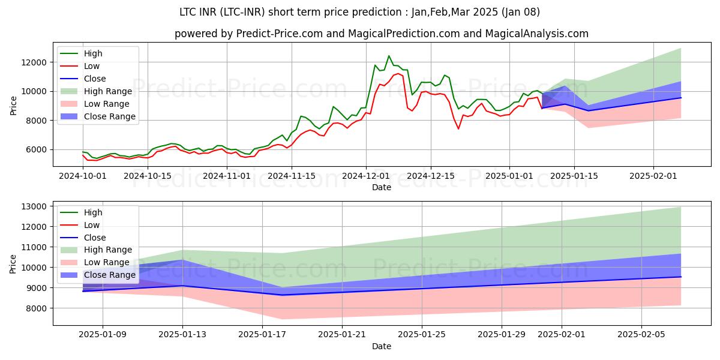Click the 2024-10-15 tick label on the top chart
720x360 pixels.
click(147, 176)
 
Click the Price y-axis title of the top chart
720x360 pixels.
click(14, 105)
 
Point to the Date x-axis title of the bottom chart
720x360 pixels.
click(382, 346)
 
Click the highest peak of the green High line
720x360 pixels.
click(389, 56)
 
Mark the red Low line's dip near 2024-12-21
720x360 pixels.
click(458, 128)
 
